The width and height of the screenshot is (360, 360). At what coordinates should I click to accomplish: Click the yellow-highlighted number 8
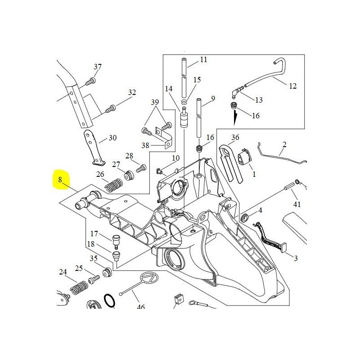(60, 181)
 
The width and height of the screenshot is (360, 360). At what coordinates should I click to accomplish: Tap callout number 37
(98, 67)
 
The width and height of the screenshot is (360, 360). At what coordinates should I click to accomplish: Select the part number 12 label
(292, 86)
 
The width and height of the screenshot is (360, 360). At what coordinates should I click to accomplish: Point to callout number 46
(141, 307)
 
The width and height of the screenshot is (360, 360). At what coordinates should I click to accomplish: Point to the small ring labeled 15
(184, 102)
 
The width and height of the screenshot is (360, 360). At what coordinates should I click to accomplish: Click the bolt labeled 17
(117, 239)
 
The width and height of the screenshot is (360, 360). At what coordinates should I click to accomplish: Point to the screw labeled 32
(110, 108)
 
